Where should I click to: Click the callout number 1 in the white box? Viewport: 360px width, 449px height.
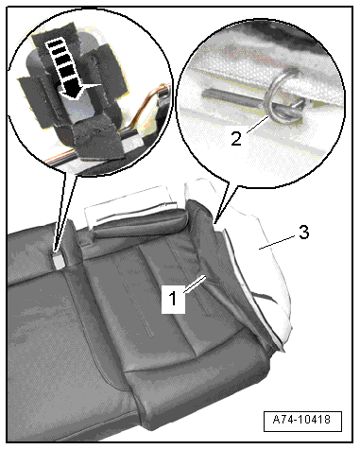point(173,299)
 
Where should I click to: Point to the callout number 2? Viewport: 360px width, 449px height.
point(236,139)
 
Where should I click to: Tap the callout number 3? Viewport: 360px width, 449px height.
point(303,233)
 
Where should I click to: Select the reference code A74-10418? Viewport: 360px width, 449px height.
point(302,420)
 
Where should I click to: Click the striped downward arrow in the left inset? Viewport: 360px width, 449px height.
point(67,68)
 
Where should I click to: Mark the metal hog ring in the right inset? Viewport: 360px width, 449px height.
point(283,96)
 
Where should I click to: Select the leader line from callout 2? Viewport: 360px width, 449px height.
point(258,125)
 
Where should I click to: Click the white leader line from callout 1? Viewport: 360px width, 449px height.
point(196,284)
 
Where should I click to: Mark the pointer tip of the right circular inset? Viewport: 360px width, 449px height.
point(215,223)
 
